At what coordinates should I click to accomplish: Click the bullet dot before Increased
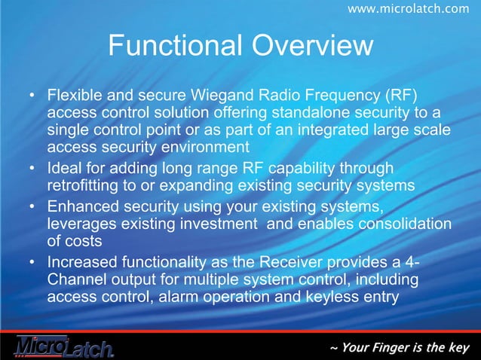tap(32, 263)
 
